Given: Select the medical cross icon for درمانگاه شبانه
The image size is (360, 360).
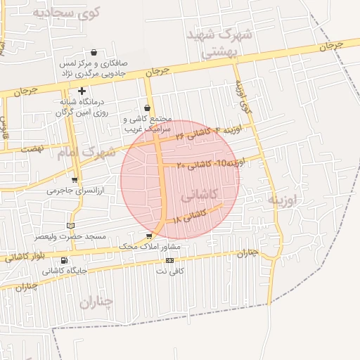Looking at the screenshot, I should coord(82,91).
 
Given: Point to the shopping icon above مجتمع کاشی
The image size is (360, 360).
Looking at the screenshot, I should coord(147,108).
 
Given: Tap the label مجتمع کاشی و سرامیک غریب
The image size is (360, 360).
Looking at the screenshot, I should coord(147,124).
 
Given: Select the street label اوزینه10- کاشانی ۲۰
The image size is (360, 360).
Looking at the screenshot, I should coord(211,164).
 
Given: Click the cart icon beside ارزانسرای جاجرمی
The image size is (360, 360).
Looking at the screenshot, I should coord(75,180).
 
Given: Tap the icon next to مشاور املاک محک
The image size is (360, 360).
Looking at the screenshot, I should coord(149,236).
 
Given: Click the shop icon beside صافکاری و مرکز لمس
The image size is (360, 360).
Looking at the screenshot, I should coord(94,53).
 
